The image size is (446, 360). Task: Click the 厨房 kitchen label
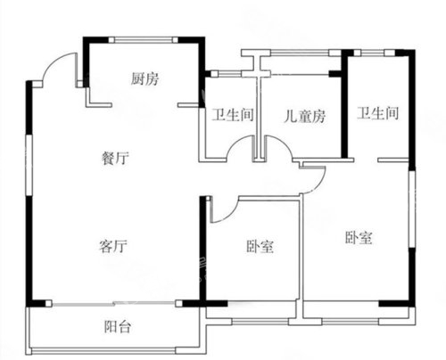[145, 79]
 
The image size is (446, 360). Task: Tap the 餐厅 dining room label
[115, 158]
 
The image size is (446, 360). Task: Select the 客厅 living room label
[113, 246]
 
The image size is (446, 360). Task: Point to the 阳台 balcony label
[118, 327]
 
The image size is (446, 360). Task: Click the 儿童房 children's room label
[304, 116]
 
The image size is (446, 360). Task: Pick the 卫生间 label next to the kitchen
[233, 115]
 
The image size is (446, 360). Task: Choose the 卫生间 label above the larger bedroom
[377, 113]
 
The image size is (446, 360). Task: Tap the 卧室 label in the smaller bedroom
[260, 246]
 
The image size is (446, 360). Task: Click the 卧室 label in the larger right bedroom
[359, 238]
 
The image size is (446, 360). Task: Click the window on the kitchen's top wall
[143, 40]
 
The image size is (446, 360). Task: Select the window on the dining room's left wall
[29, 165]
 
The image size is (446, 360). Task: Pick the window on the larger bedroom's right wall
[412, 209]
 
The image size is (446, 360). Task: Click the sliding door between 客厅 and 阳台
[113, 303]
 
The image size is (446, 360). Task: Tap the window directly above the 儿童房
[301, 53]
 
